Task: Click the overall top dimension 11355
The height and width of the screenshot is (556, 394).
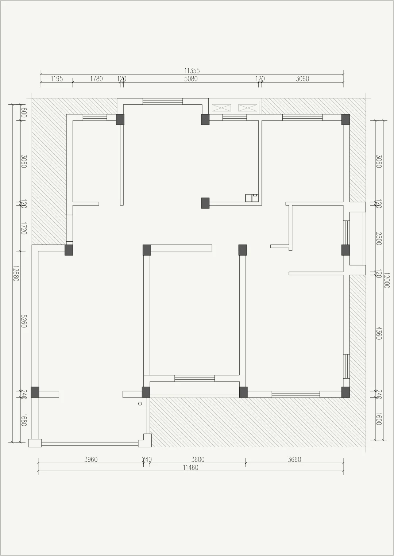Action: pos(192,71)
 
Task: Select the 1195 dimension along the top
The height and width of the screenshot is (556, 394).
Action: pos(57,79)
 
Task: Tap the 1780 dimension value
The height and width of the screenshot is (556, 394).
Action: pos(96,79)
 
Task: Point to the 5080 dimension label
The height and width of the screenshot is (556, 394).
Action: pos(191,79)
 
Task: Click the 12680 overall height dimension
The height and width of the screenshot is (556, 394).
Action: pos(16,273)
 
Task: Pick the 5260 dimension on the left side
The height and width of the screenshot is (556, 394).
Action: pos(23,321)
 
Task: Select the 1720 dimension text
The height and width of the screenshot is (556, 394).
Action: pos(23,228)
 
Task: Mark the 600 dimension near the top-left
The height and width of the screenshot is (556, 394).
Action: pos(23,112)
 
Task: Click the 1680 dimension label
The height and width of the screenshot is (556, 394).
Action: pos(23,420)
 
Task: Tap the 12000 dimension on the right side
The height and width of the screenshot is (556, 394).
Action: pos(386,280)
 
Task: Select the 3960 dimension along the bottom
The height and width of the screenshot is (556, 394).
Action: pos(91,460)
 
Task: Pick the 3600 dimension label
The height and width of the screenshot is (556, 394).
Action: pos(198,460)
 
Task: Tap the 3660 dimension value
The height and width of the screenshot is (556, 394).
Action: pos(294,460)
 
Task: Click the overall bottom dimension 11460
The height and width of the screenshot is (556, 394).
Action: pos(190,468)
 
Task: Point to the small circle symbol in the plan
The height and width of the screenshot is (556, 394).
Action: pos(140,404)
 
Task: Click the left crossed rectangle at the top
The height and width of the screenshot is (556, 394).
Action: pos(221,108)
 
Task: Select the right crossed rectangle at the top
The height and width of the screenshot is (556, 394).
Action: pos(248,108)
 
